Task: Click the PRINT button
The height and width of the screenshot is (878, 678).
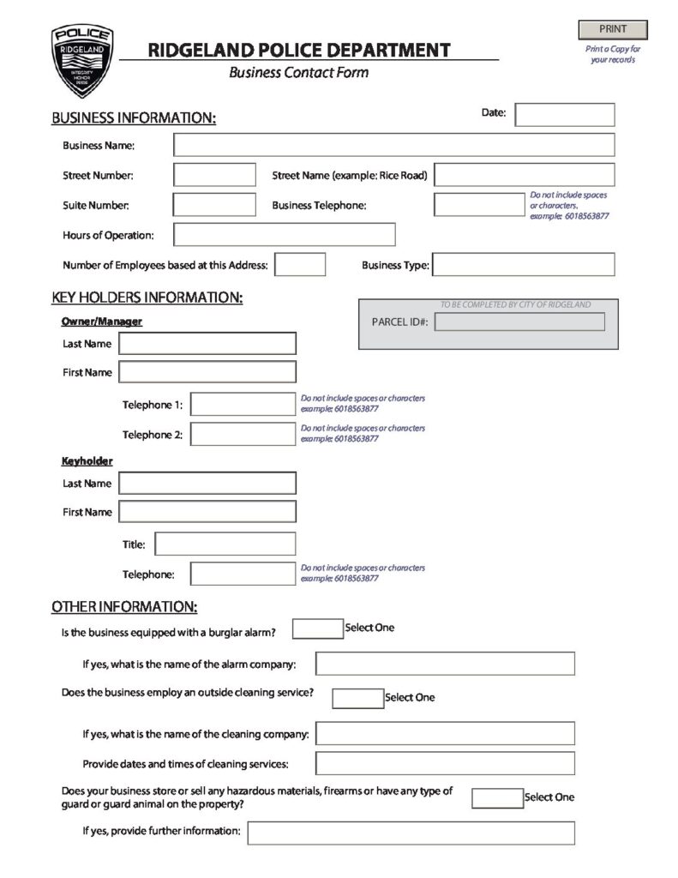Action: tap(613, 30)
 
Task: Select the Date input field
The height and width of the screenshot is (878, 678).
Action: tap(564, 114)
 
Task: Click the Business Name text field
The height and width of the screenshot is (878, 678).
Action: tap(393, 145)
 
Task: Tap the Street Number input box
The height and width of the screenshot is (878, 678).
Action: tap(214, 175)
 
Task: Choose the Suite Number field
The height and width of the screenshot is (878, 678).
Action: tap(214, 205)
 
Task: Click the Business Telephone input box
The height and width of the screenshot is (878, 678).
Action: tap(480, 205)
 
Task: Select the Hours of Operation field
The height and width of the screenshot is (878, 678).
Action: tap(285, 235)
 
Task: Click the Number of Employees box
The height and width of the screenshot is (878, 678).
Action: tap(300, 265)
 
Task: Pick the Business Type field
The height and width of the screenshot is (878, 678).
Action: tap(524, 265)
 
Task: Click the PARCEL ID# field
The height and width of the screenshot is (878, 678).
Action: tap(519, 322)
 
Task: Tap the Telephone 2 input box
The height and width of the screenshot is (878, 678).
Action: tap(243, 434)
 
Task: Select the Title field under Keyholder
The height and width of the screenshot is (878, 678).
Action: tap(225, 544)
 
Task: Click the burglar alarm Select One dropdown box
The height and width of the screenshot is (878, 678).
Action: tap(317, 629)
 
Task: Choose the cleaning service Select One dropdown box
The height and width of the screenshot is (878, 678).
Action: tap(357, 699)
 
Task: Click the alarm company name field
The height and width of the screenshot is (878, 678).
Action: tap(445, 664)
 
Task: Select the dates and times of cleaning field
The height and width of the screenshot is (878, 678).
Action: tap(445, 763)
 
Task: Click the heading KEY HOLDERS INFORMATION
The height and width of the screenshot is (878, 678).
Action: tap(147, 298)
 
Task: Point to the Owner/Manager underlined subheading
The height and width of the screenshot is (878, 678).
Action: tap(101, 322)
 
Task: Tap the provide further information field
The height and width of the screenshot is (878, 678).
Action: tap(411, 833)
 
